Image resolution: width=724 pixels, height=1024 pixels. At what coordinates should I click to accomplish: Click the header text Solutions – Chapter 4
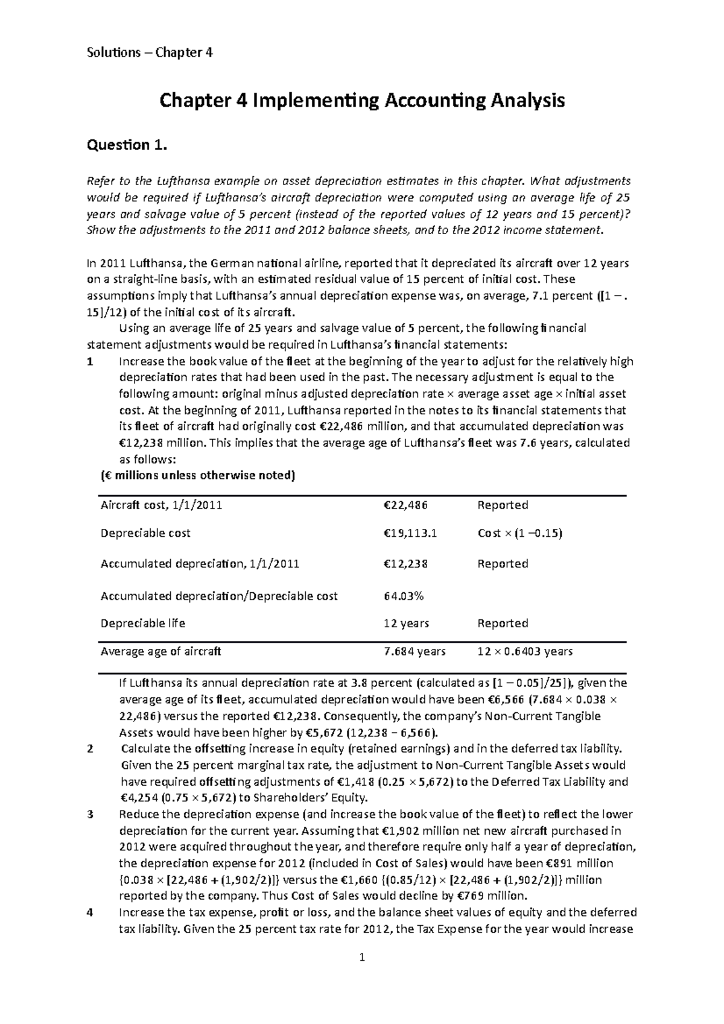point(150,52)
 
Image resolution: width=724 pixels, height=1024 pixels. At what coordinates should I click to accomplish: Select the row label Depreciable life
point(143,624)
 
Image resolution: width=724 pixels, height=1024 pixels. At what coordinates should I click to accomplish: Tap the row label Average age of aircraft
point(160,651)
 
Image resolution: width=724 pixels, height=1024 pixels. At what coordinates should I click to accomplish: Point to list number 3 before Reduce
point(91,815)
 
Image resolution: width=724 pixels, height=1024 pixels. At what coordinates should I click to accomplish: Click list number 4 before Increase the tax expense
point(91,912)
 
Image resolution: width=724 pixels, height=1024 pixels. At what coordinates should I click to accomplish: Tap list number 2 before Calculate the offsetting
point(91,750)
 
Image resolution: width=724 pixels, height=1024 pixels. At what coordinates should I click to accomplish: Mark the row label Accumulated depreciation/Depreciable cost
point(219,596)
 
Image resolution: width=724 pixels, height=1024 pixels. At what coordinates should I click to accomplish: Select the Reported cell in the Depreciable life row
point(503,624)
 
